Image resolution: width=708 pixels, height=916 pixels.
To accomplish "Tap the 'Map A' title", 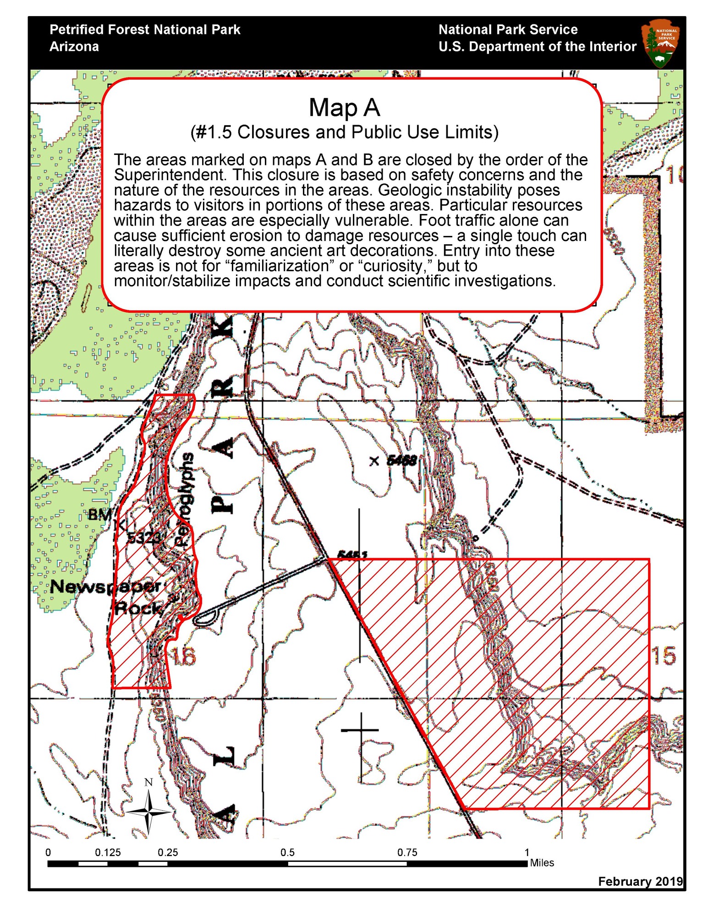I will (344, 108).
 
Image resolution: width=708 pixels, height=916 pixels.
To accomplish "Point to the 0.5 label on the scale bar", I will (287, 852).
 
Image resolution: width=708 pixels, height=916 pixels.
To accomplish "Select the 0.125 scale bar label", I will (108, 852).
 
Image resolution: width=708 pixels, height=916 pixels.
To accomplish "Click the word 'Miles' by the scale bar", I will (542, 863).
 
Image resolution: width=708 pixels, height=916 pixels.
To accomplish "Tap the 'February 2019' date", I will (640, 881).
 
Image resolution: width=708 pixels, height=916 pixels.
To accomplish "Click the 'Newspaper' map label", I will (105, 586).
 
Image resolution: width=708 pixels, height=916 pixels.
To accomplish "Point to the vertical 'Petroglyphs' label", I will (184, 499).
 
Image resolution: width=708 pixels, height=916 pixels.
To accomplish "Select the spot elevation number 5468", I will (401, 460).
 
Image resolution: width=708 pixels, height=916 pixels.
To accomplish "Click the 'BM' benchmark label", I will (99, 515).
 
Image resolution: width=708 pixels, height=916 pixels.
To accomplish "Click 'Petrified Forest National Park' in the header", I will (145, 30).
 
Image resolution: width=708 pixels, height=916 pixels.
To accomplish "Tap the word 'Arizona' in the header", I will (74, 47).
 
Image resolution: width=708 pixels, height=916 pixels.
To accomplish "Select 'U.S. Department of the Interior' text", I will (537, 47).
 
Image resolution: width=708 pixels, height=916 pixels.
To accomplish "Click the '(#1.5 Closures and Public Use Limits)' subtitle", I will (344, 132).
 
